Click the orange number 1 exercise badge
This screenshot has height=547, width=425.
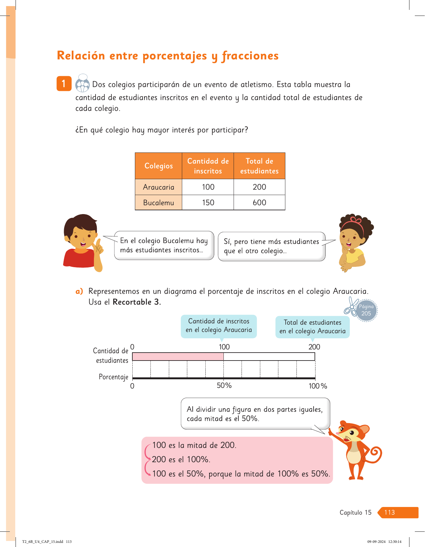tap(64, 84)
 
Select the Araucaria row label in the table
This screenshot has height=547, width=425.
tap(158, 187)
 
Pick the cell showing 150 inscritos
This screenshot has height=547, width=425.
tap(208, 203)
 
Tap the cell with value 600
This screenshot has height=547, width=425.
tap(259, 203)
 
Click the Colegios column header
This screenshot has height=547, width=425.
tap(158, 166)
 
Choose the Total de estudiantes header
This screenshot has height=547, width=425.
tap(259, 166)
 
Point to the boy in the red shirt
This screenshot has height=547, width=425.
tap(82, 243)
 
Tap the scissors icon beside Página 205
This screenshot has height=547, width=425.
tap(351, 307)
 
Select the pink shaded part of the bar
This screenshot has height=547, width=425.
tap(178, 357)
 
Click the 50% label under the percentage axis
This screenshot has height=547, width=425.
tap(224, 386)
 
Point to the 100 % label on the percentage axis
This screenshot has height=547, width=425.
tap(318, 386)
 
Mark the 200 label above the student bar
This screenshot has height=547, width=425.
tap(314, 347)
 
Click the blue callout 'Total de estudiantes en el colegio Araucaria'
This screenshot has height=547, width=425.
tap(312, 327)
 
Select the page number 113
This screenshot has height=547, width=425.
tap(389, 512)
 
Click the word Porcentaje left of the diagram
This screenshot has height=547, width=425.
tap(113, 377)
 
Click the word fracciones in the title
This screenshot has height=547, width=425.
tap(250, 56)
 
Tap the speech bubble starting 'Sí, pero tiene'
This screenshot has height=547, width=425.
tap(271, 246)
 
